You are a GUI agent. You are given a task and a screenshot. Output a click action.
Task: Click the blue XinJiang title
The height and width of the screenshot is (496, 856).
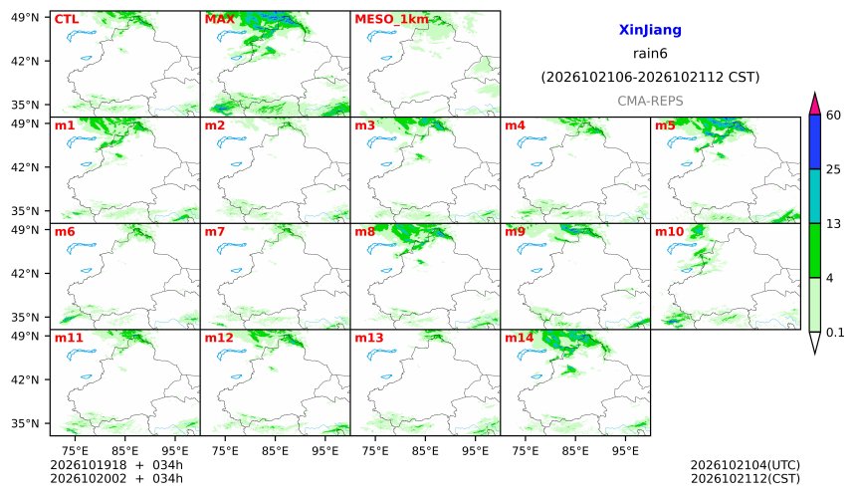[650, 30]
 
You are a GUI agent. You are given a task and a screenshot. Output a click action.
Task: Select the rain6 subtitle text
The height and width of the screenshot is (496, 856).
[650, 54]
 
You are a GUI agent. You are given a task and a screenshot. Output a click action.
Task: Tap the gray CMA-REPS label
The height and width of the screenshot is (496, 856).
[650, 101]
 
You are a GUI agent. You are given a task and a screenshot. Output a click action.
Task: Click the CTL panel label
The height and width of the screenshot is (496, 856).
[67, 19]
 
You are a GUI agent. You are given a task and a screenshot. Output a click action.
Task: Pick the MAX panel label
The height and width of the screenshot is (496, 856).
[219, 19]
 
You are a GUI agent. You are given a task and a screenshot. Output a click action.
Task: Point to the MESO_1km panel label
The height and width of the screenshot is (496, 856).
[391, 20]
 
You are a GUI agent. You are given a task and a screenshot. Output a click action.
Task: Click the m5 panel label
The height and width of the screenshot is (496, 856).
[665, 125]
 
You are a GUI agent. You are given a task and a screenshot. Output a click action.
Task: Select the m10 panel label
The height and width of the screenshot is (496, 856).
[669, 232]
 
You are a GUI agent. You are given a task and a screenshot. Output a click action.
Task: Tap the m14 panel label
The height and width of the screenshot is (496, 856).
[520, 338]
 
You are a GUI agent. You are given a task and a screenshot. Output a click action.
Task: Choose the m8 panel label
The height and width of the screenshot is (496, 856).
[365, 232]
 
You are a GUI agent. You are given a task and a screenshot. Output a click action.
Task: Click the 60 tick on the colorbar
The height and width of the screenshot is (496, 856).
[833, 116]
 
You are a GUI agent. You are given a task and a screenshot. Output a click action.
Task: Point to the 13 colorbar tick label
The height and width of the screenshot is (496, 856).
[833, 224]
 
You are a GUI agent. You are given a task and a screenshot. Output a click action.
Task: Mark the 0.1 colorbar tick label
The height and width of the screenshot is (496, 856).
[835, 332]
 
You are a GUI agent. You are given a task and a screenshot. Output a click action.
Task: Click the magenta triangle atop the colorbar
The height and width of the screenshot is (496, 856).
[814, 105]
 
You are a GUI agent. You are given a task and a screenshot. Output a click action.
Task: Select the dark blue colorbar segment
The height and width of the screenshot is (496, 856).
[814, 142]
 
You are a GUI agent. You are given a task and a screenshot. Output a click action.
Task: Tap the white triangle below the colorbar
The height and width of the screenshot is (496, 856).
[814, 341]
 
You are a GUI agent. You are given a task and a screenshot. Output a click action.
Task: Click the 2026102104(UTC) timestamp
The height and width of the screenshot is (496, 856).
[746, 465]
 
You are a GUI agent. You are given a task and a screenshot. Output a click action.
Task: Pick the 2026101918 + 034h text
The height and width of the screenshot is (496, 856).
[116, 465]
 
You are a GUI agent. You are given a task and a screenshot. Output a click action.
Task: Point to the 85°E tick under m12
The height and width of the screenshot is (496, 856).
[275, 451]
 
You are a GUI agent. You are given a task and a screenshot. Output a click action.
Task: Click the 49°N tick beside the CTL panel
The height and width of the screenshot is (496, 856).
[25, 18]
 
